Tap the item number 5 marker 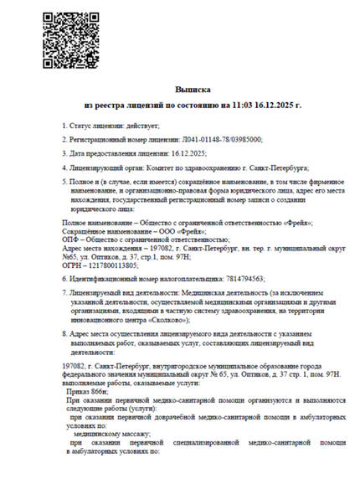pyautogui.click(x=64, y=183)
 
